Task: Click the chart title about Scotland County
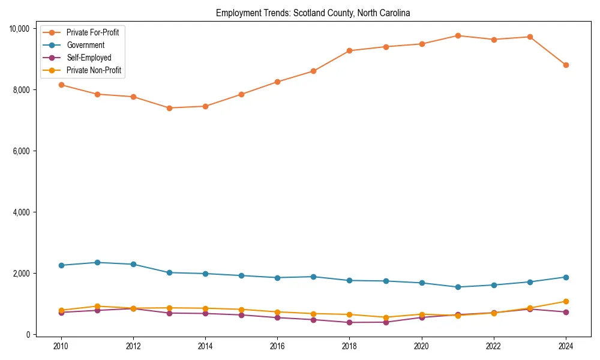(313, 13)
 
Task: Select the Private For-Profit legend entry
(92, 32)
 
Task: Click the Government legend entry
(85, 45)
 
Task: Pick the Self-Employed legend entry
(89, 58)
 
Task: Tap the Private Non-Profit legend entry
(94, 70)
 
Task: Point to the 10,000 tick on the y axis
(20, 28)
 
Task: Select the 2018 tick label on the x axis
(349, 346)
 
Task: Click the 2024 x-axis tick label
(566, 346)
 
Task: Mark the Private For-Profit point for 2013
(169, 108)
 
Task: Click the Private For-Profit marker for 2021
(458, 35)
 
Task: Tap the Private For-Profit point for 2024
(566, 65)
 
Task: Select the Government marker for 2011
(97, 262)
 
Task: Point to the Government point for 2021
(458, 287)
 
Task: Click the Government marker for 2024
(566, 277)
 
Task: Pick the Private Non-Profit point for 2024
(566, 301)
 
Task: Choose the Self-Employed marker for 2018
(349, 322)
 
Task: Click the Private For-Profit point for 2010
(61, 85)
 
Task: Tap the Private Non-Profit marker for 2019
(386, 317)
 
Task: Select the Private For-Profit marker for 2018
(349, 50)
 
